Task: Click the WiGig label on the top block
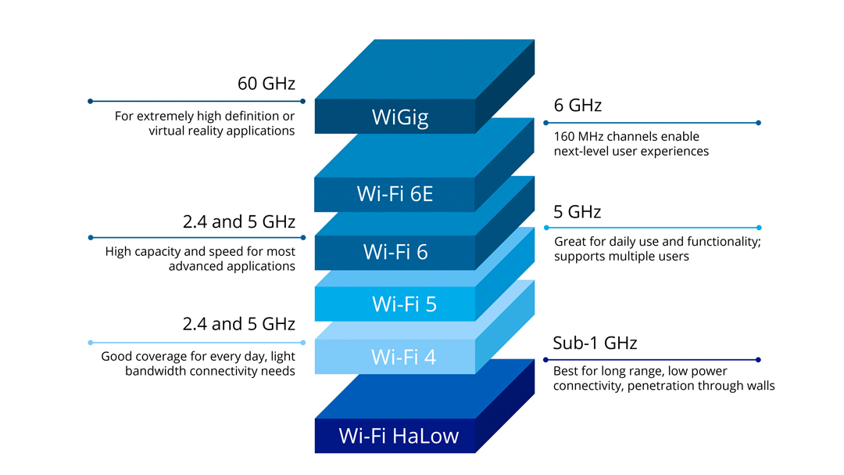coord(400,117)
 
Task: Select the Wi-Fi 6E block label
coord(395,193)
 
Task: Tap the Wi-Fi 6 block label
coord(395,252)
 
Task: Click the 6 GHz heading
coord(578,106)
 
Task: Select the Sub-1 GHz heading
coord(595,343)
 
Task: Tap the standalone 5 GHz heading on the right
coord(578,212)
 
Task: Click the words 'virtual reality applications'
coord(221,131)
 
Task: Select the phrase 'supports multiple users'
coord(621,257)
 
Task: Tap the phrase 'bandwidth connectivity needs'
coord(209,371)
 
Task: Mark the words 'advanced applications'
coord(231,266)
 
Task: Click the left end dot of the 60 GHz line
coord(91,101)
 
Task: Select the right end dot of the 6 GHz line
coord(759,123)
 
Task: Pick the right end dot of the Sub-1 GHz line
coord(759,360)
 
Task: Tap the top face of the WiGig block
coord(426,69)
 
